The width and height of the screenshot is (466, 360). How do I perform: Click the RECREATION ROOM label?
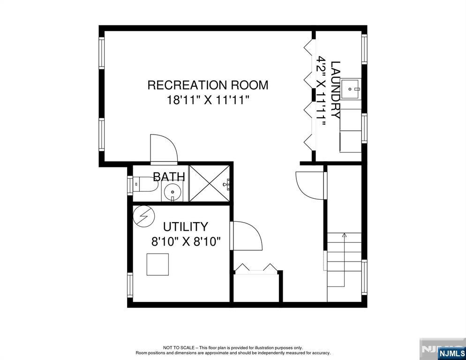[208, 85]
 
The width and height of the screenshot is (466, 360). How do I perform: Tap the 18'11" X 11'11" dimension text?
[207, 100]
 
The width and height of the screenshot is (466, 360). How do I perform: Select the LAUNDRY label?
[336, 90]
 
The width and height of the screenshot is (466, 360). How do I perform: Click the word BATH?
[169, 177]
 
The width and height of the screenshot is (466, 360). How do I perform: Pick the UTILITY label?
[186, 227]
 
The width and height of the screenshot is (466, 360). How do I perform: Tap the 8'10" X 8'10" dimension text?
[186, 241]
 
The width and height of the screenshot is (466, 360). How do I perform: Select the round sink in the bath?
[173, 191]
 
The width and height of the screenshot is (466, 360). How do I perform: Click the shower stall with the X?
[210, 183]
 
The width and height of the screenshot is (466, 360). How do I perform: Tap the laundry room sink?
[351, 89]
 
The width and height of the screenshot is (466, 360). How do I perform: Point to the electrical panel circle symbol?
[144, 217]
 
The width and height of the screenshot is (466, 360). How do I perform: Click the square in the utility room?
[158, 264]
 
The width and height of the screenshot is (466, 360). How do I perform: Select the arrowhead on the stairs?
[344, 235]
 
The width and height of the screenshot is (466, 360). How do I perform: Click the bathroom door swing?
[164, 149]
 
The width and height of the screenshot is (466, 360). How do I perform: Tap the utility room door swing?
[247, 235]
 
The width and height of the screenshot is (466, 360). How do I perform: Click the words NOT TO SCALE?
[179, 347]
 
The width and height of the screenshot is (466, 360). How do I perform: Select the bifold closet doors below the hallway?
[256, 267]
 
